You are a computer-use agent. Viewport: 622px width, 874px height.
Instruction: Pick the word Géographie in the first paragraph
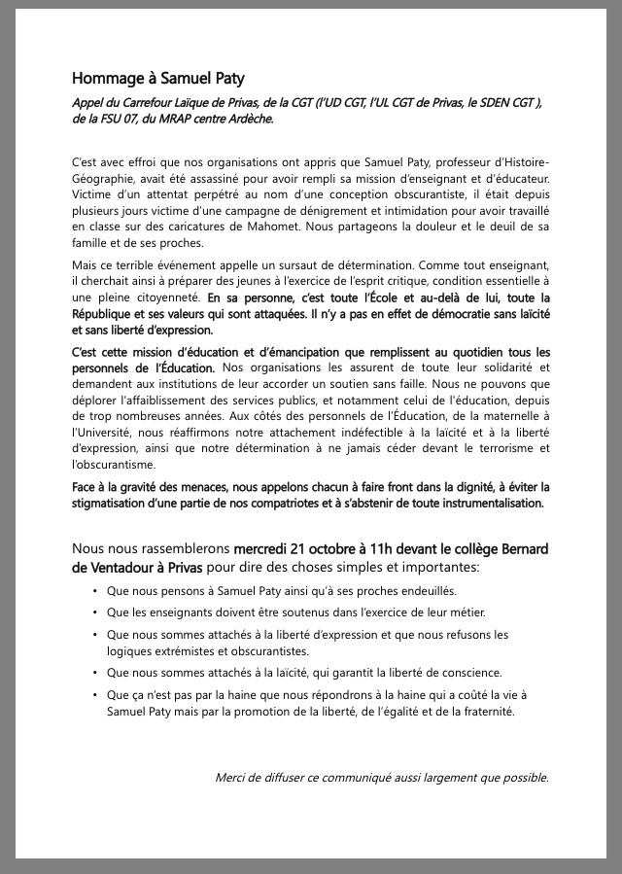click(x=105, y=178)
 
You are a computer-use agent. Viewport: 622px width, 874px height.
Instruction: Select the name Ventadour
click(x=125, y=566)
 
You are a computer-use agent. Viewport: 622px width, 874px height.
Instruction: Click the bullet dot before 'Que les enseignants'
click(x=95, y=612)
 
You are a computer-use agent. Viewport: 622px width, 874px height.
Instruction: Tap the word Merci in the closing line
click(x=230, y=777)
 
